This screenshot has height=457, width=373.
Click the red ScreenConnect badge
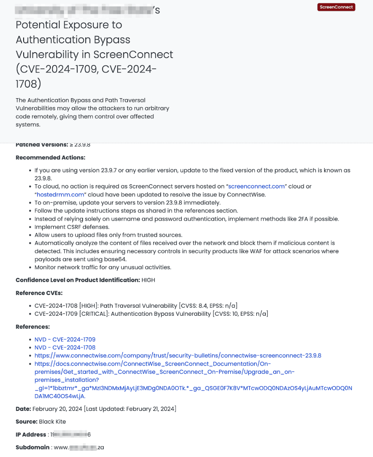click(x=336, y=7)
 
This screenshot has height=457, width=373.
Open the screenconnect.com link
click(x=256, y=186)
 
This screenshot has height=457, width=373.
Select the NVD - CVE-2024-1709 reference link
click(x=65, y=339)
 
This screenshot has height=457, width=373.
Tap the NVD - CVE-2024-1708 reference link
click(x=65, y=347)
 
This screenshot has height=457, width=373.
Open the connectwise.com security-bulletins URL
click(x=178, y=355)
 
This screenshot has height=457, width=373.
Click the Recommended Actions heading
click(x=50, y=157)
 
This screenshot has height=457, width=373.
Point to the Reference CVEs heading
click(x=39, y=293)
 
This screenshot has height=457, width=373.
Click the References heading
click(x=33, y=327)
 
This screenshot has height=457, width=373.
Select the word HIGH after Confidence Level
click(x=148, y=280)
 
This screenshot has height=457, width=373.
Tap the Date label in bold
click(x=23, y=409)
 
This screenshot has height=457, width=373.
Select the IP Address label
click(x=30, y=435)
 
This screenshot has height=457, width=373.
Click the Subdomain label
click(x=32, y=447)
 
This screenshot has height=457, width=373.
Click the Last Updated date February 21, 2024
click(x=150, y=409)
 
